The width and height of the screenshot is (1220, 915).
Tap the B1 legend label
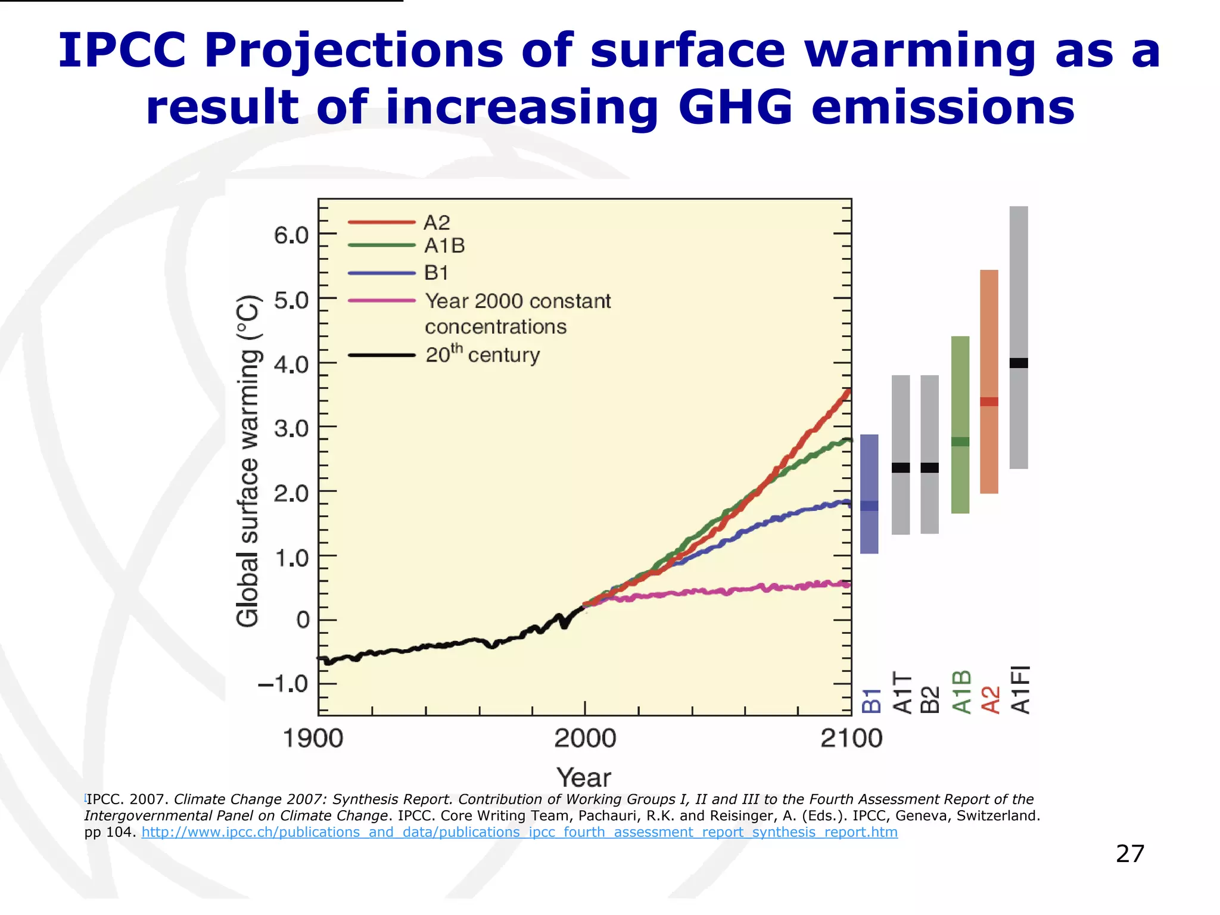(x=436, y=273)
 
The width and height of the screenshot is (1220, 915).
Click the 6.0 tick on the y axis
(x=291, y=235)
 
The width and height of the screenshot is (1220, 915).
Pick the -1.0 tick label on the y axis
(x=283, y=683)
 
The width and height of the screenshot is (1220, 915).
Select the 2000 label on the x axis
(x=584, y=739)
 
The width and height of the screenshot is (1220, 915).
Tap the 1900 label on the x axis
(x=313, y=739)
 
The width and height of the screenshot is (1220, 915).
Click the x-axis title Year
(x=584, y=777)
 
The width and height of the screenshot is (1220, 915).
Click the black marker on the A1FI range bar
(x=1019, y=363)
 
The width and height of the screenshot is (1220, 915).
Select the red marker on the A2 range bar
(x=989, y=402)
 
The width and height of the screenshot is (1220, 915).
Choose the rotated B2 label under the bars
(x=930, y=699)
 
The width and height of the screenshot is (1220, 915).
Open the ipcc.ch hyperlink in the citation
(x=519, y=832)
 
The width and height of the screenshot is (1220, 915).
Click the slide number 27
(x=1129, y=854)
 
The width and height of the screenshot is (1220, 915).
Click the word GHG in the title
(x=736, y=107)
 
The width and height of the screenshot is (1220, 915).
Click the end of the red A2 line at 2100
(x=848, y=392)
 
